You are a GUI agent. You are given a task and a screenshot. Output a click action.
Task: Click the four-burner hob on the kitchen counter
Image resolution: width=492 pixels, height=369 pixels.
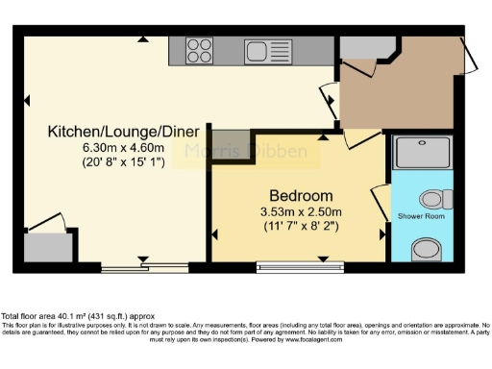click(x=199, y=47)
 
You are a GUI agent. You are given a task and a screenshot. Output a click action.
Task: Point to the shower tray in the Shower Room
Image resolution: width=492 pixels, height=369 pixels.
click(x=423, y=152)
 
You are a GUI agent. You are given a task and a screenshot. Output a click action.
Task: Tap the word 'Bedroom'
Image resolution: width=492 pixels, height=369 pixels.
click(x=301, y=196)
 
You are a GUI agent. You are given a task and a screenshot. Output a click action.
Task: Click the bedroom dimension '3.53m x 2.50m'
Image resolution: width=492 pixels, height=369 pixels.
click(x=301, y=211)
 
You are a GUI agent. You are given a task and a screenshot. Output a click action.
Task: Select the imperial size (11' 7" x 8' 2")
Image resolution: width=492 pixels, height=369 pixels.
click(x=301, y=226)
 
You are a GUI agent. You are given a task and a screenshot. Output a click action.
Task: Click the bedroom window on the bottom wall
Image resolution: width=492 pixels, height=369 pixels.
click(x=300, y=265)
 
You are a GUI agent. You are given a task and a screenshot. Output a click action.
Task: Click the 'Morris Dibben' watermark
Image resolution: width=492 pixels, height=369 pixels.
click(x=254, y=152)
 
